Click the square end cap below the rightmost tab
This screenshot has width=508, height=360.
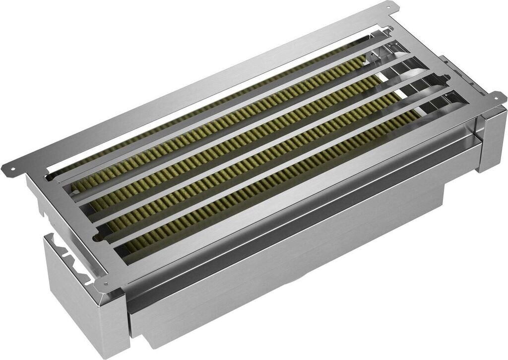(491, 142)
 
